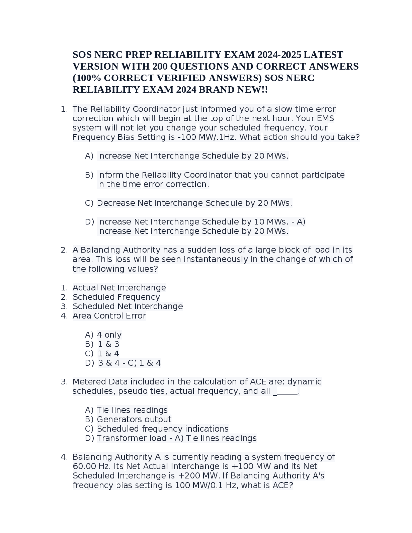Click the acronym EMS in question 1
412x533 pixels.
pyautogui.click(x=325, y=118)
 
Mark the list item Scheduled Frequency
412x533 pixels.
pyautogui.click(x=116, y=297)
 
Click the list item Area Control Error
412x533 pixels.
pyautogui.click(x=109, y=316)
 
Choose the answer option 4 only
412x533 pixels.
pyautogui.click(x=109, y=335)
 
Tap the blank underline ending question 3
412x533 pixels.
pyautogui.click(x=286, y=392)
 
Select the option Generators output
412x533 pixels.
pyautogui.click(x=134, y=419)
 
